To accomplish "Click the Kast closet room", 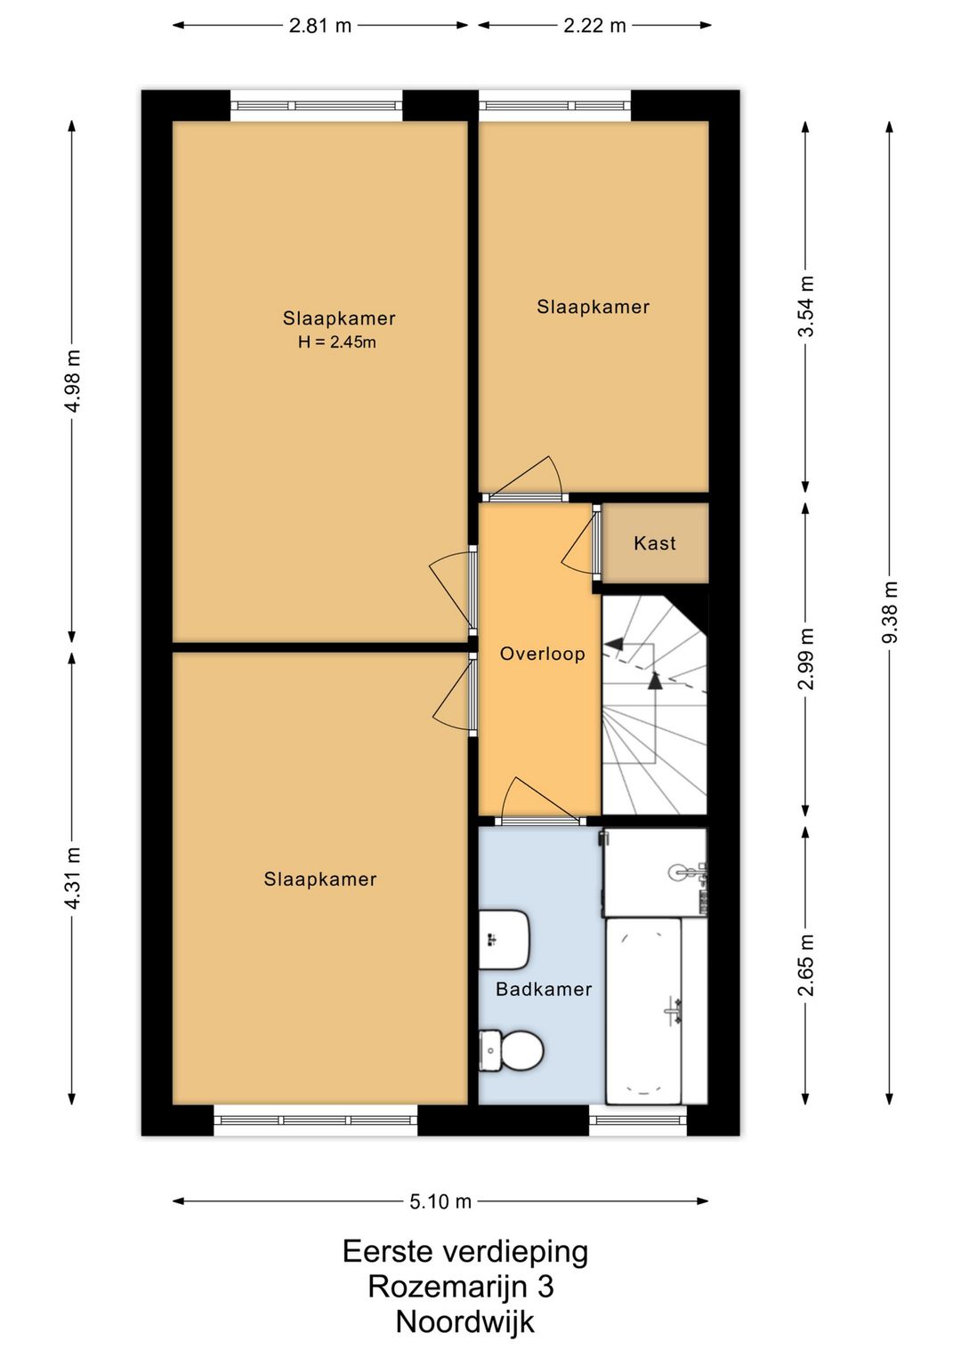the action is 655,542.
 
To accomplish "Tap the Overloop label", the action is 543,654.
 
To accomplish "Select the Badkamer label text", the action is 544,989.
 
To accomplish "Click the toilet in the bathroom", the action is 511,1050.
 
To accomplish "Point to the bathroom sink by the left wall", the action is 505,940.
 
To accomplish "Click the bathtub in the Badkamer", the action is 644,1010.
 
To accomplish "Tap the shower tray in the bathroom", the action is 655,872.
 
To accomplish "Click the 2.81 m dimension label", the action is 320,26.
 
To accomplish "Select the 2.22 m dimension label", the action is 594,26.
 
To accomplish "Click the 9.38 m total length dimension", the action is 890,613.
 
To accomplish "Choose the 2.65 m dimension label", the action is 806,966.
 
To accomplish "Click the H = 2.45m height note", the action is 337,342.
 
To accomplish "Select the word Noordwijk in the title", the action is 465,1323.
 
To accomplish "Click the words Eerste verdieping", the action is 465,1252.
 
